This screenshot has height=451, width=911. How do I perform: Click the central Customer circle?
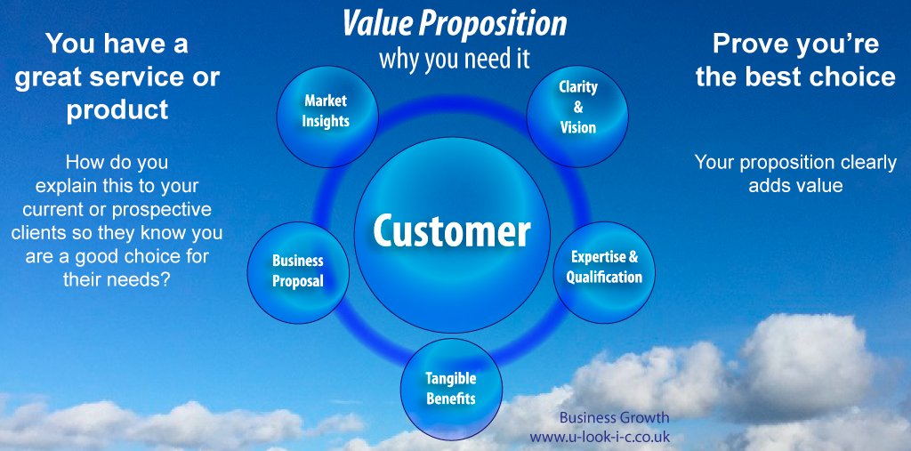pos(451,231)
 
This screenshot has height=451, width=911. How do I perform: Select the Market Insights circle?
pos(326,111)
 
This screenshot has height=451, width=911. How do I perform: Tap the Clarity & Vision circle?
pos(577,108)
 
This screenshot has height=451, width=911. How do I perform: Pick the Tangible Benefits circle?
pos(451,389)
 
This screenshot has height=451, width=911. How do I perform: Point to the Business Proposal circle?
pos(298,270)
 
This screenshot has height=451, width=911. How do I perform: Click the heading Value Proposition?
pos(454,25)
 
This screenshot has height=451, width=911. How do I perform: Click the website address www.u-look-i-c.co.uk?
pos(600,437)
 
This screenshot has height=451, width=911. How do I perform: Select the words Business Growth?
pos(614,417)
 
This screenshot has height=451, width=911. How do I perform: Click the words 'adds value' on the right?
pos(795,186)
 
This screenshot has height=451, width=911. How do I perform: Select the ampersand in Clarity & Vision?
pos(578,108)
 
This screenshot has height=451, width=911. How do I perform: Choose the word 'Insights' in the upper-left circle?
pos(326,120)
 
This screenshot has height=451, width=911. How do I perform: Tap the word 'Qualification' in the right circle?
pos(604,277)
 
